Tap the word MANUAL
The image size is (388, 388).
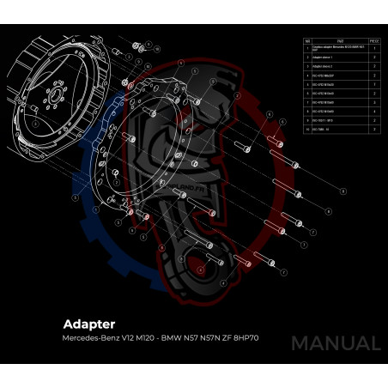(x=335, y=343)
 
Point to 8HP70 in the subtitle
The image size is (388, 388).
(x=245, y=338)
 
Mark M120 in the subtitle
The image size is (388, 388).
(x=146, y=338)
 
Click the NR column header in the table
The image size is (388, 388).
(x=306, y=39)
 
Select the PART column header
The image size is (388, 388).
(x=340, y=39)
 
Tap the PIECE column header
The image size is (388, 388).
(x=374, y=39)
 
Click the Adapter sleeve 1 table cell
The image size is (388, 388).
(x=324, y=57)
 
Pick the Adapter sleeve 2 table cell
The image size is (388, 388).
(x=324, y=65)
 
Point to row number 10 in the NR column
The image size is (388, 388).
(x=306, y=129)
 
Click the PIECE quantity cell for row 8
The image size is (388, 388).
(x=374, y=112)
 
